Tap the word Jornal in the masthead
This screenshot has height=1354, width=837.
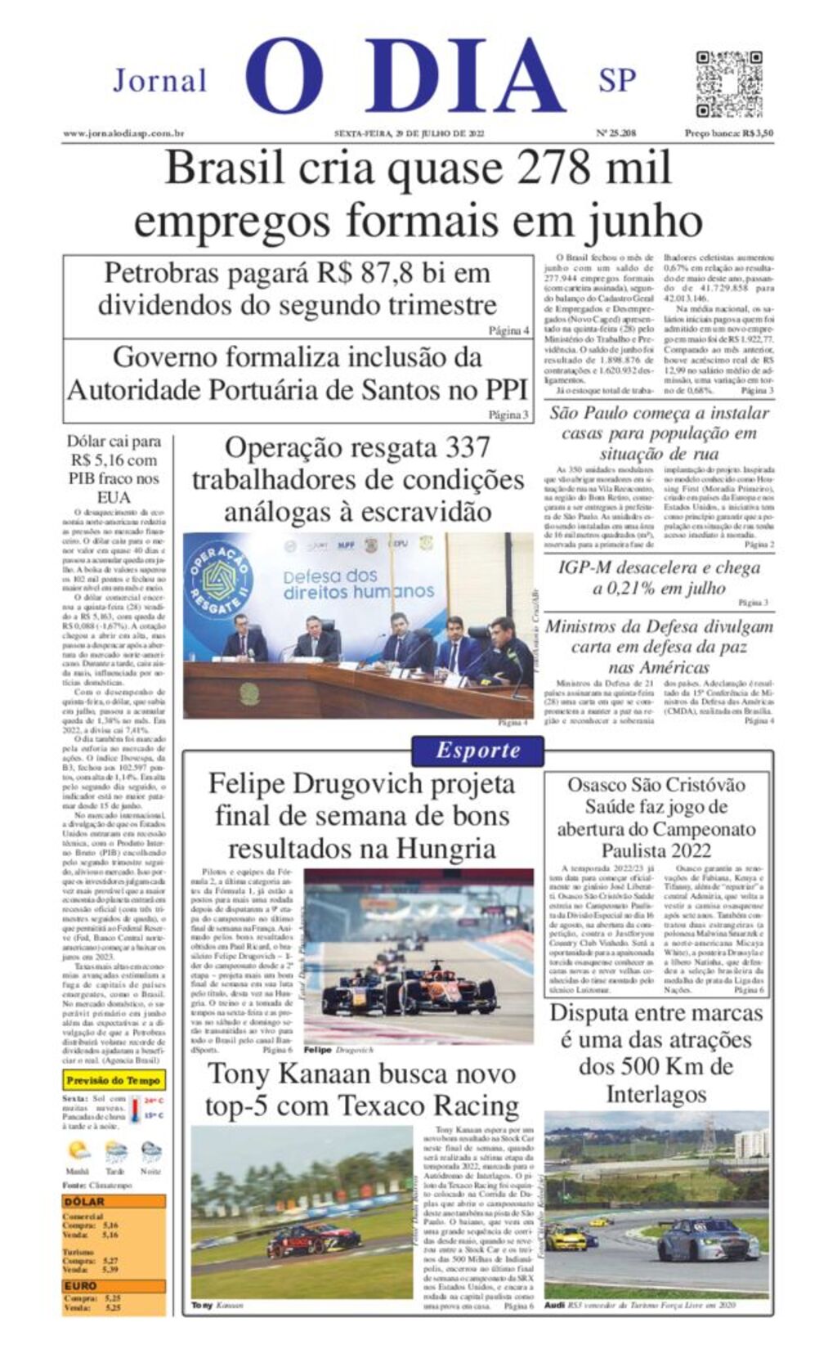[159, 80]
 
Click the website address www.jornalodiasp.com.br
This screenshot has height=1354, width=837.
[123, 133]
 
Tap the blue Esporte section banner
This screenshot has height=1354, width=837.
[477, 750]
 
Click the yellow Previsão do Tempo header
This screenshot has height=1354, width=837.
[114, 1080]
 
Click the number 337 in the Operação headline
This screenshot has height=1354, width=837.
[468, 448]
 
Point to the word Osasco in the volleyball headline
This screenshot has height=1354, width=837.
[600, 785]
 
